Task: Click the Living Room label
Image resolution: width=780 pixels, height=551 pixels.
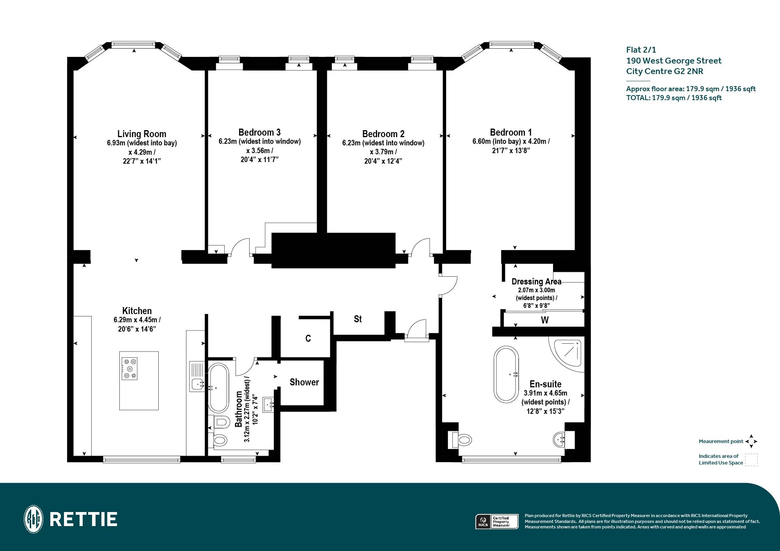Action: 142,134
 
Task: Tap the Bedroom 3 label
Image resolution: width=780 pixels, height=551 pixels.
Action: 259,132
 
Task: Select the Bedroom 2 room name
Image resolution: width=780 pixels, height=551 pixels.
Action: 383,134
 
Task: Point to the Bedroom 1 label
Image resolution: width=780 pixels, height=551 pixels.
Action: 511,132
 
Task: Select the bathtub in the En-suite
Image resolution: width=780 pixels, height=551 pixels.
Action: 506,374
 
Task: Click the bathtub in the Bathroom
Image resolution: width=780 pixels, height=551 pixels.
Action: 218,388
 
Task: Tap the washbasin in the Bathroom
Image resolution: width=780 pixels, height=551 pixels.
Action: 269,404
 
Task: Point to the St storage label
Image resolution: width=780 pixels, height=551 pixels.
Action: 358,319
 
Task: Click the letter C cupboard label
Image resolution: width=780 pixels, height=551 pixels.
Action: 308,338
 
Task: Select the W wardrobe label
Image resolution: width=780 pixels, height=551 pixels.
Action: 545,320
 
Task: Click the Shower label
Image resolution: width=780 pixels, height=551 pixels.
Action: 304,382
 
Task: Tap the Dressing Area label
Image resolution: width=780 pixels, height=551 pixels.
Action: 537,281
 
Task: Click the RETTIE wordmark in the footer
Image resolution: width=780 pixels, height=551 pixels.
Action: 83,519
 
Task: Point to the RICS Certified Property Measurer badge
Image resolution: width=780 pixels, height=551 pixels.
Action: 497,521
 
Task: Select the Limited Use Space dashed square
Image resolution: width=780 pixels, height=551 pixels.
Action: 751,460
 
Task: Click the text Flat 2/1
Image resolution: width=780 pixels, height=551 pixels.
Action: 641,50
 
